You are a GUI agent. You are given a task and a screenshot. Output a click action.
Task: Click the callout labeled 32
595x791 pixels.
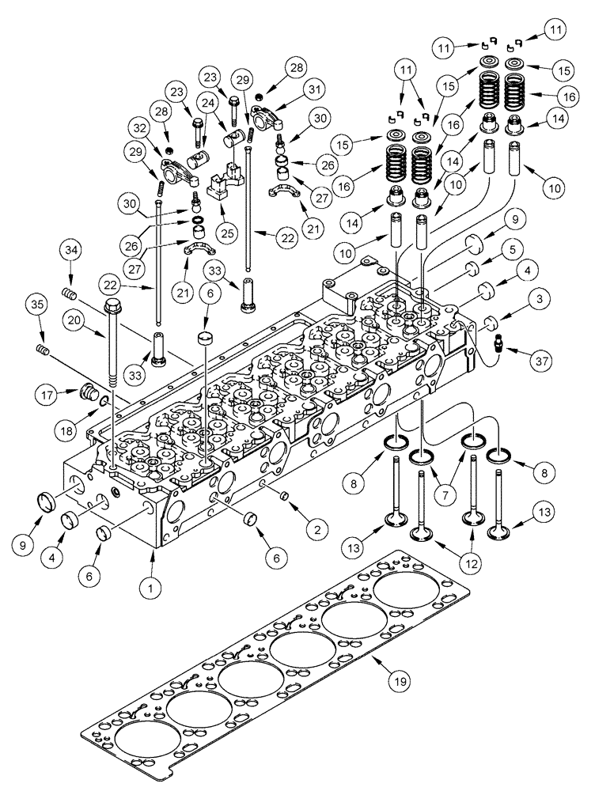click(x=142, y=128)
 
